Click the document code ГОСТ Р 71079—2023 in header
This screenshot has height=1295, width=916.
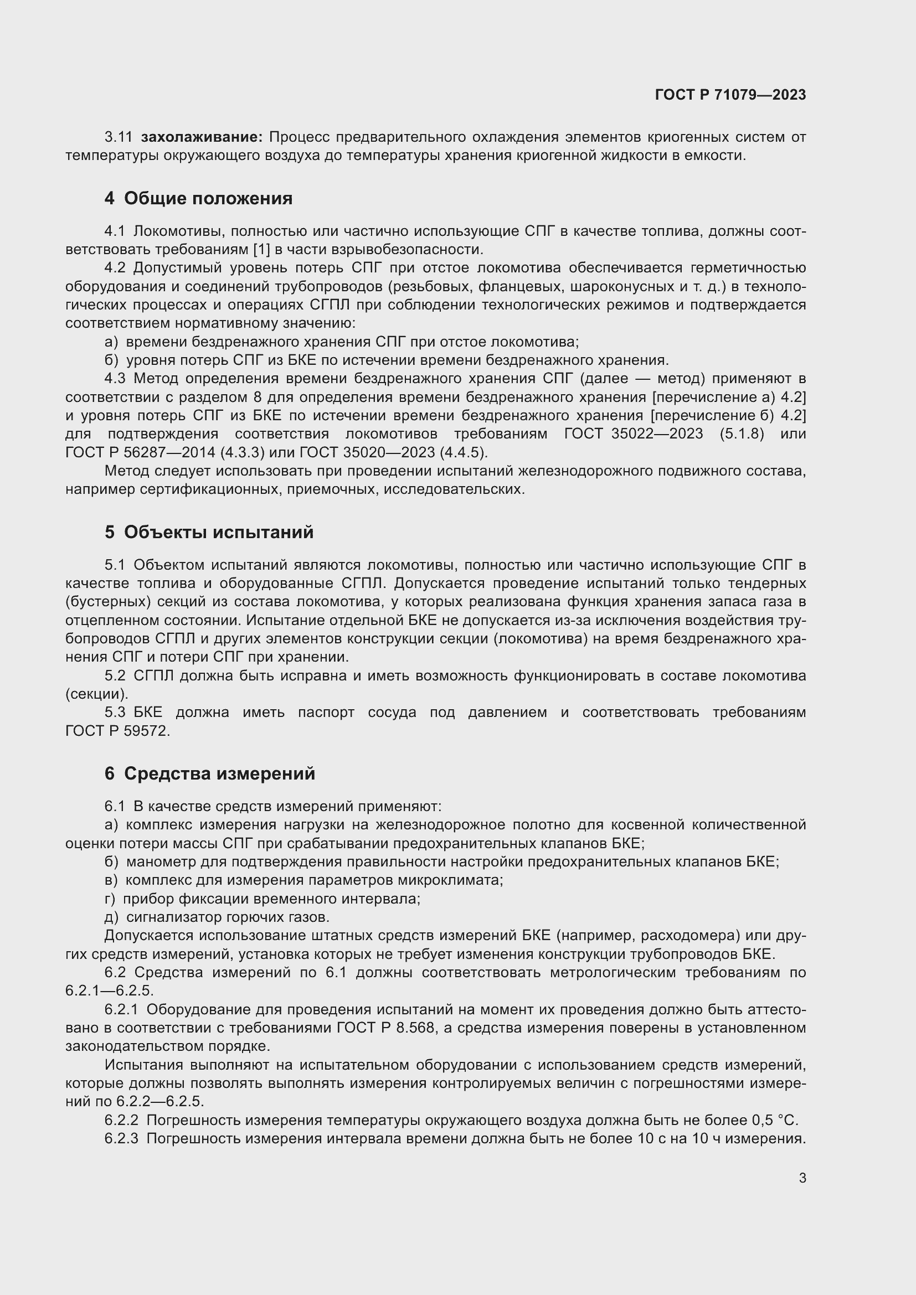click(x=730, y=95)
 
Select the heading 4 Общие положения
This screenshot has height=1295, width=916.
click(x=199, y=199)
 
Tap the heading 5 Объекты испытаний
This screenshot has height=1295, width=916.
click(x=209, y=532)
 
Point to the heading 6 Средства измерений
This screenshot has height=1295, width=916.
click(x=209, y=773)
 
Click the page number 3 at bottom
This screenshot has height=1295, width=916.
click(x=802, y=1178)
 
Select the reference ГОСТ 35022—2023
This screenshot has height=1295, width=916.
click(x=634, y=434)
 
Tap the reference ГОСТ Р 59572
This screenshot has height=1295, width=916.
click(x=117, y=731)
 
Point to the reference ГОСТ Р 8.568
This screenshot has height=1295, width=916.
click(x=386, y=1028)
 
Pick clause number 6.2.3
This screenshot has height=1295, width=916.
click(x=121, y=1138)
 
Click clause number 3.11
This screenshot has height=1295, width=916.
click(x=118, y=137)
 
